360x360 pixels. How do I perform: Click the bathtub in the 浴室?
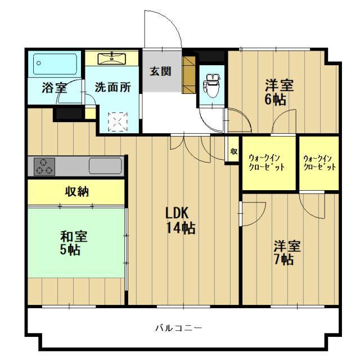(x=55, y=64)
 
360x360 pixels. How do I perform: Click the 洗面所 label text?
(x=113, y=88)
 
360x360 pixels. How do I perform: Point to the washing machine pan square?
(x=118, y=120)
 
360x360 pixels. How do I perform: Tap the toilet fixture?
(x=211, y=84)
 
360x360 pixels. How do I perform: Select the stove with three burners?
(x=45, y=166)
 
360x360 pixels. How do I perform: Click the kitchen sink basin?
(x=105, y=166)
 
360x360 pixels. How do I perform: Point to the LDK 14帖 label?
(x=179, y=220)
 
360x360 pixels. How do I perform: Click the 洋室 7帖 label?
(x=287, y=253)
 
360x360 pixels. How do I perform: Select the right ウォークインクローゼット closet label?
(x=319, y=163)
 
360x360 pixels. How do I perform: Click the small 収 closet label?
(x=233, y=151)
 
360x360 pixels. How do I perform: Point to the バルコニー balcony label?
(x=179, y=327)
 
